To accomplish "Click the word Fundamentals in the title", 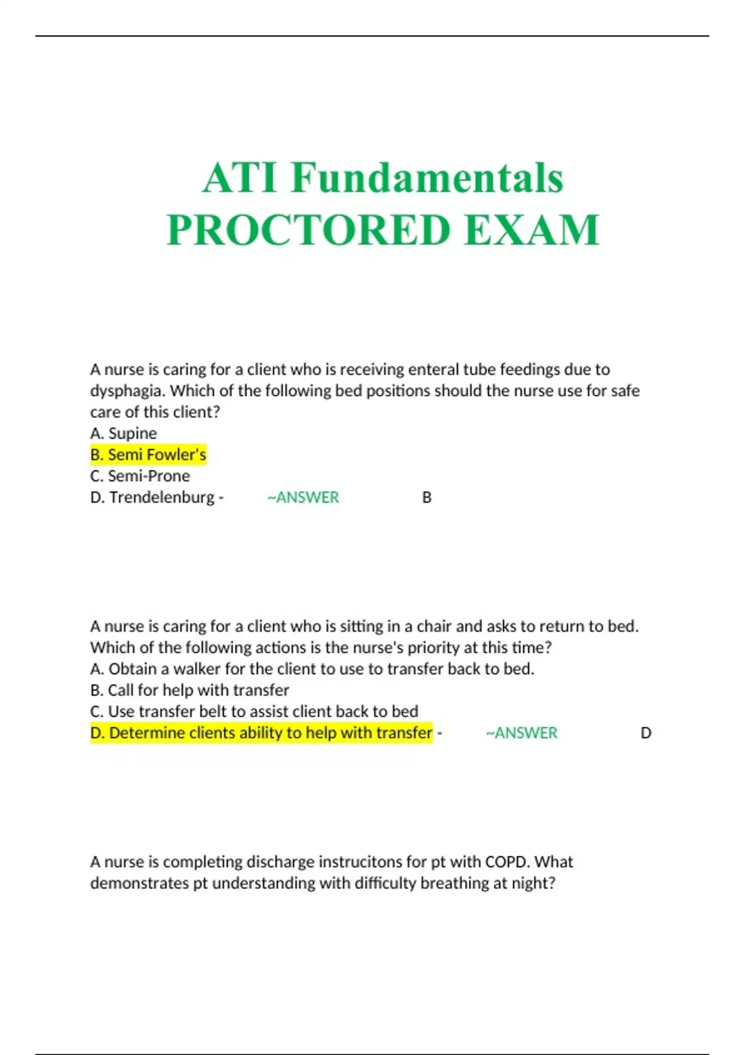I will click(427, 178).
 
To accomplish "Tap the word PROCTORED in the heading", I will click(308, 230).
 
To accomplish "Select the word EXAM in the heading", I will click(531, 230).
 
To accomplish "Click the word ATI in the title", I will click(240, 178).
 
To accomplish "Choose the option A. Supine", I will click(124, 433).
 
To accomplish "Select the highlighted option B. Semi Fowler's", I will click(148, 455).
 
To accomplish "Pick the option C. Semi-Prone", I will click(140, 476).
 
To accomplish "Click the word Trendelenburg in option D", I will click(162, 498).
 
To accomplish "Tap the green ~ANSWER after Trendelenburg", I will click(303, 498).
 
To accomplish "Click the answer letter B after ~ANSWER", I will click(427, 498).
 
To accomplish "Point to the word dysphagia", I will click(127, 391).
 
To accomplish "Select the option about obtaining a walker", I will click(312, 669).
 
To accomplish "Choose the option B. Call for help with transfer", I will click(189, 690).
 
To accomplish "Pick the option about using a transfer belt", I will click(254, 711).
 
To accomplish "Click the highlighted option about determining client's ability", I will click(261, 733).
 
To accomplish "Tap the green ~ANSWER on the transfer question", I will click(521, 733).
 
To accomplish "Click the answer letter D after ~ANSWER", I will click(646, 733).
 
